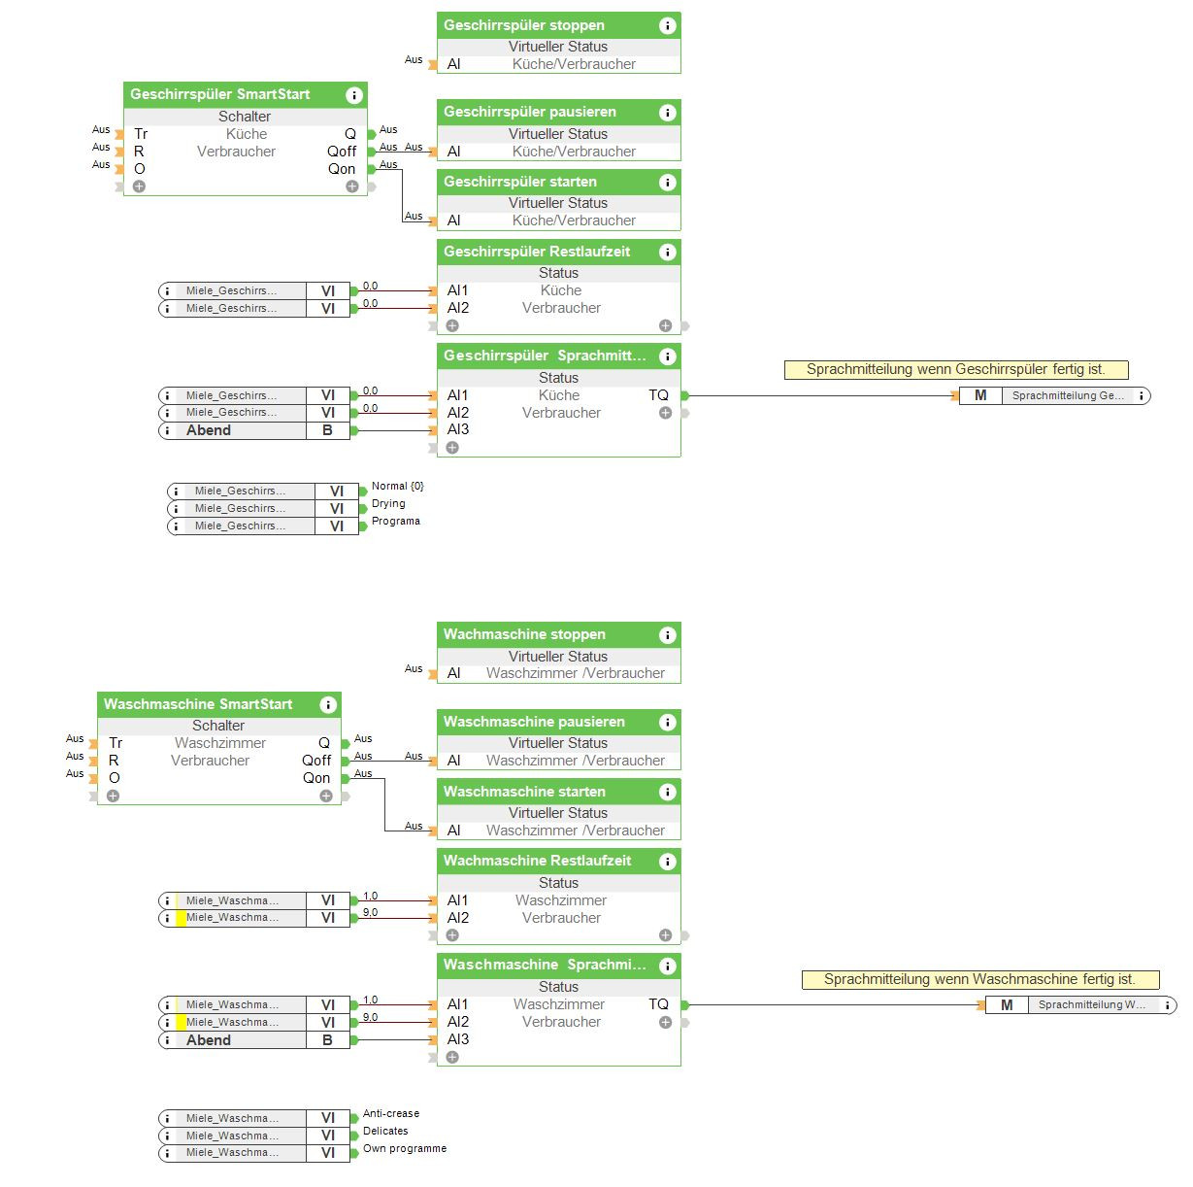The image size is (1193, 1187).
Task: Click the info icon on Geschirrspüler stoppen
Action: tap(667, 26)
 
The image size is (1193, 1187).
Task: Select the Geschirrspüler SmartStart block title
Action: tap(220, 94)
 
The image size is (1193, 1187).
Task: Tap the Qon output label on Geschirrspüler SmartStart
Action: tap(342, 169)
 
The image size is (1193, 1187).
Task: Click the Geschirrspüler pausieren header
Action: tap(530, 112)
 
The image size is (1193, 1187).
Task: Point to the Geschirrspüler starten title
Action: tap(520, 182)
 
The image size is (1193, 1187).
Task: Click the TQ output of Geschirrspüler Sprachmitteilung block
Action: tap(659, 395)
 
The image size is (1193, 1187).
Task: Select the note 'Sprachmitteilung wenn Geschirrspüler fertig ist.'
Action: tap(956, 369)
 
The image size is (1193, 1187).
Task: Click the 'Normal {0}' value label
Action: tap(398, 486)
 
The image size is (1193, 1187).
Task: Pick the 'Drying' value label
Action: tap(388, 503)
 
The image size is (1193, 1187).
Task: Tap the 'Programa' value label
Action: tap(396, 521)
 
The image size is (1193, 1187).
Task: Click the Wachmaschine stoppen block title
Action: tap(524, 634)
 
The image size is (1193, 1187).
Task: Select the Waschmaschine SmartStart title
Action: tap(198, 704)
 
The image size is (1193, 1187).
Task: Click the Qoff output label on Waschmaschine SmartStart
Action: tap(316, 761)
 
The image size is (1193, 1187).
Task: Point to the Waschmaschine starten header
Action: tap(524, 792)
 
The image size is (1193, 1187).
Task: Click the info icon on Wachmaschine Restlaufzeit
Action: tap(667, 862)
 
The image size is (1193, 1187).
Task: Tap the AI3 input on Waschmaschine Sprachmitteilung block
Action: tap(458, 1039)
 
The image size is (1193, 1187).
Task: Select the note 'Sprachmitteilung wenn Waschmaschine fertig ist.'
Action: tap(979, 979)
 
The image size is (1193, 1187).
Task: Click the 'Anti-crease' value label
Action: tap(391, 1113)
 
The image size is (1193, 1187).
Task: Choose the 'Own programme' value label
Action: tap(405, 1148)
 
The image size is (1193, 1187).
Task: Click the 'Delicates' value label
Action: tap(385, 1131)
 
